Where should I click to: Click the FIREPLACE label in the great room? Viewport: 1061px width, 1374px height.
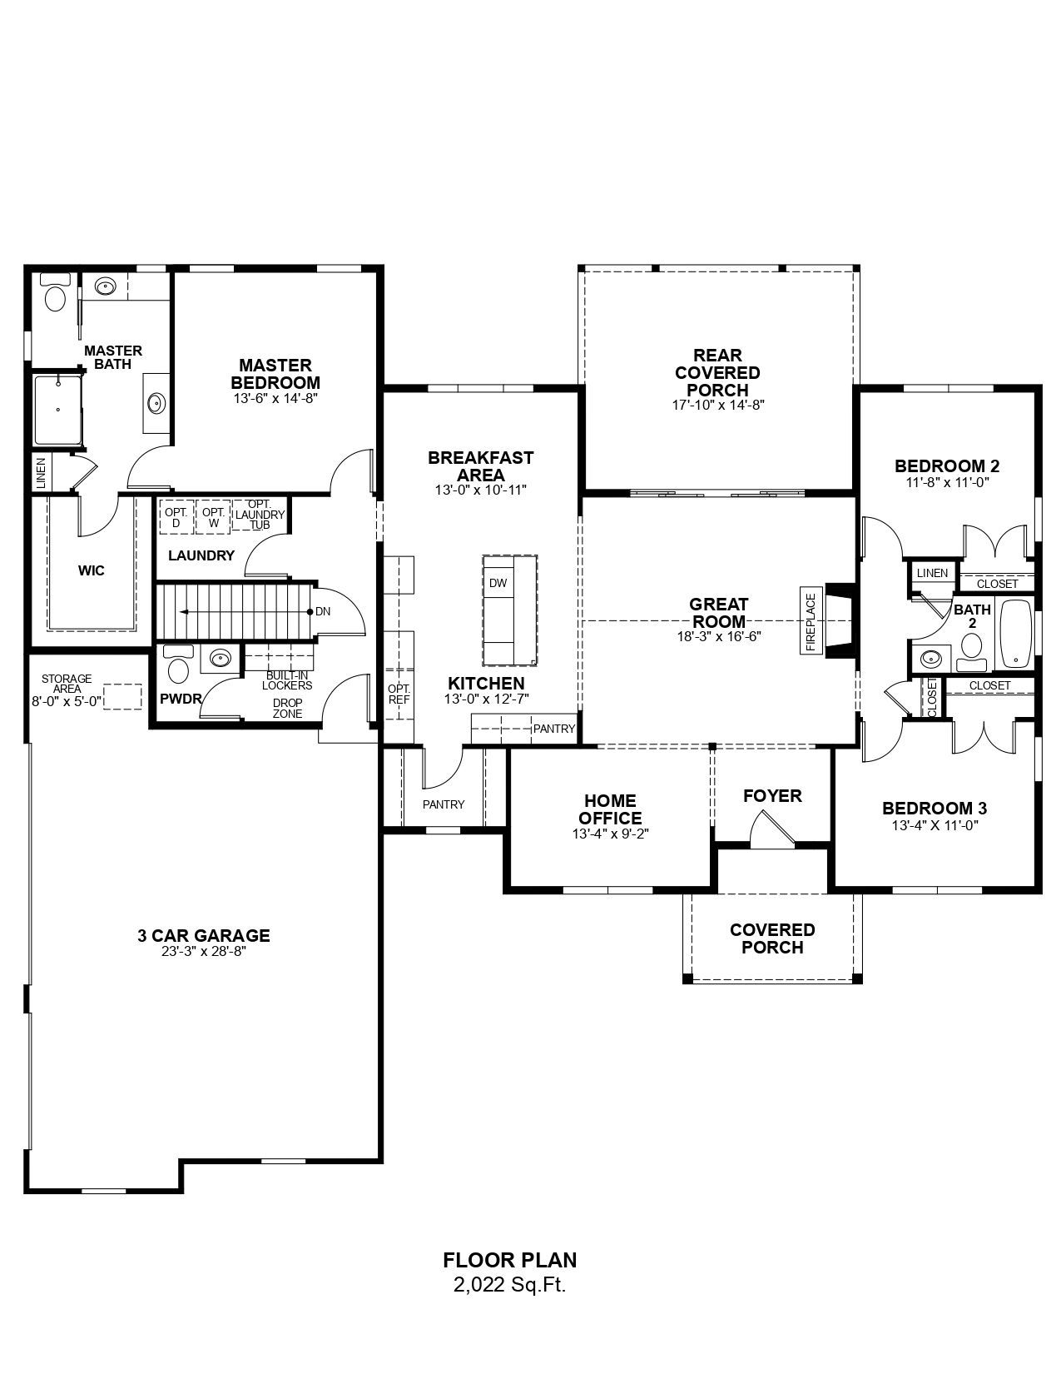click(x=811, y=622)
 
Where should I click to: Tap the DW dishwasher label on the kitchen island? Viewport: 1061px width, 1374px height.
click(x=498, y=583)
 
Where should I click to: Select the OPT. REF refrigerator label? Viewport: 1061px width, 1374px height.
click(x=399, y=694)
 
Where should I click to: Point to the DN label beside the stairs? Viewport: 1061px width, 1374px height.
click(x=323, y=611)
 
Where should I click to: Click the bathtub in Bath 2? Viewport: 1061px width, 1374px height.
click(x=1014, y=634)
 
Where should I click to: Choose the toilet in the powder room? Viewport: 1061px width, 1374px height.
click(x=177, y=665)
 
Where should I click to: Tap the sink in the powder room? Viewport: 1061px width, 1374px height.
click(x=220, y=659)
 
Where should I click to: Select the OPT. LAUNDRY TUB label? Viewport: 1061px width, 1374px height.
click(x=260, y=514)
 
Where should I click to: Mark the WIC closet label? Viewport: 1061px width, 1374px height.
click(x=92, y=570)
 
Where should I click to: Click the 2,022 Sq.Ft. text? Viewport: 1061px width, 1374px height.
click(x=509, y=1284)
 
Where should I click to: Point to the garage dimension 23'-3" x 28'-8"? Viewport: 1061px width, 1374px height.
click(x=204, y=952)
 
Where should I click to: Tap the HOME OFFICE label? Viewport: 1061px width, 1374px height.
click(x=611, y=809)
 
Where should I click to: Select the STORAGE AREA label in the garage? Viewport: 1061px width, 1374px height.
click(x=67, y=684)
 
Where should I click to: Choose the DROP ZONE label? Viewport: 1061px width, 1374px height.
click(x=288, y=708)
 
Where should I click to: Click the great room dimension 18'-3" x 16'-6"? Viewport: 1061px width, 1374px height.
click(x=718, y=636)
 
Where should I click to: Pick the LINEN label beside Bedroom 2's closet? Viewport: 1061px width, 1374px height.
click(x=932, y=573)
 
